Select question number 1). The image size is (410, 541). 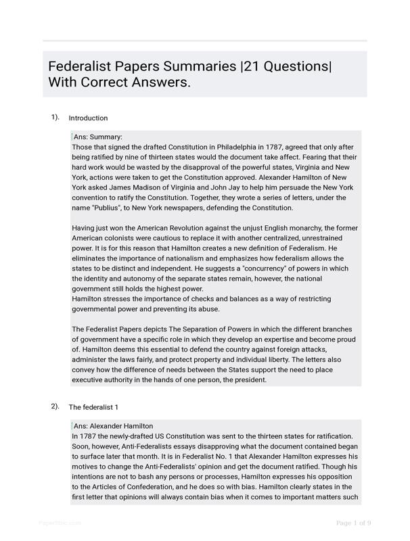[55, 117]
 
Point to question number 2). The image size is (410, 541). [55, 406]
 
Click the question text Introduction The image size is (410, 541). [88, 118]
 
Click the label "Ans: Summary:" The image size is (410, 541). [97, 137]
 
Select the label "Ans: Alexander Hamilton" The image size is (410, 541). [113, 426]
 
